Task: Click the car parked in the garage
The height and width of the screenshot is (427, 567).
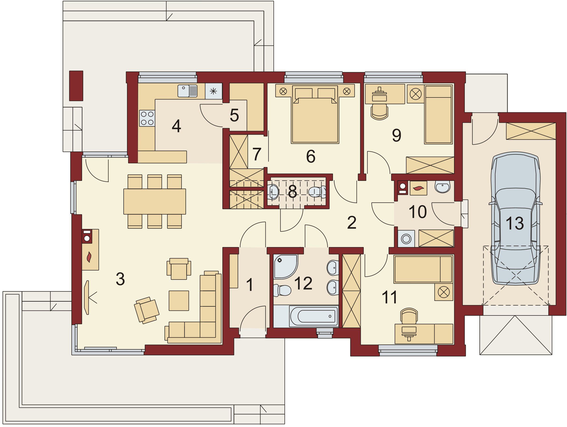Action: (x=515, y=218)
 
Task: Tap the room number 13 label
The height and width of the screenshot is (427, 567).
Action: (x=514, y=223)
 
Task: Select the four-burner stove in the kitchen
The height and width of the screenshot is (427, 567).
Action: (x=147, y=118)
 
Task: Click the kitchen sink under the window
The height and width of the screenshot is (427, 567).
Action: (x=187, y=91)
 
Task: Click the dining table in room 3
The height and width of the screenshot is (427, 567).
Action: (x=155, y=201)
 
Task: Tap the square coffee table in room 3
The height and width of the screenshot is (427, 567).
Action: (x=179, y=301)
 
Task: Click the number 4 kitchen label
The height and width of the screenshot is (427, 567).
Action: (x=176, y=126)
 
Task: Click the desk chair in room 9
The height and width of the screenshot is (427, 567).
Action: (x=379, y=112)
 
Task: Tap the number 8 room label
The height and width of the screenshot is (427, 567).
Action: (x=293, y=191)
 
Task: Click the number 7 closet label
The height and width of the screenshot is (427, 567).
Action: (x=257, y=154)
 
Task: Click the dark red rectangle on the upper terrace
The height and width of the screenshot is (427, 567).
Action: (x=76, y=86)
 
